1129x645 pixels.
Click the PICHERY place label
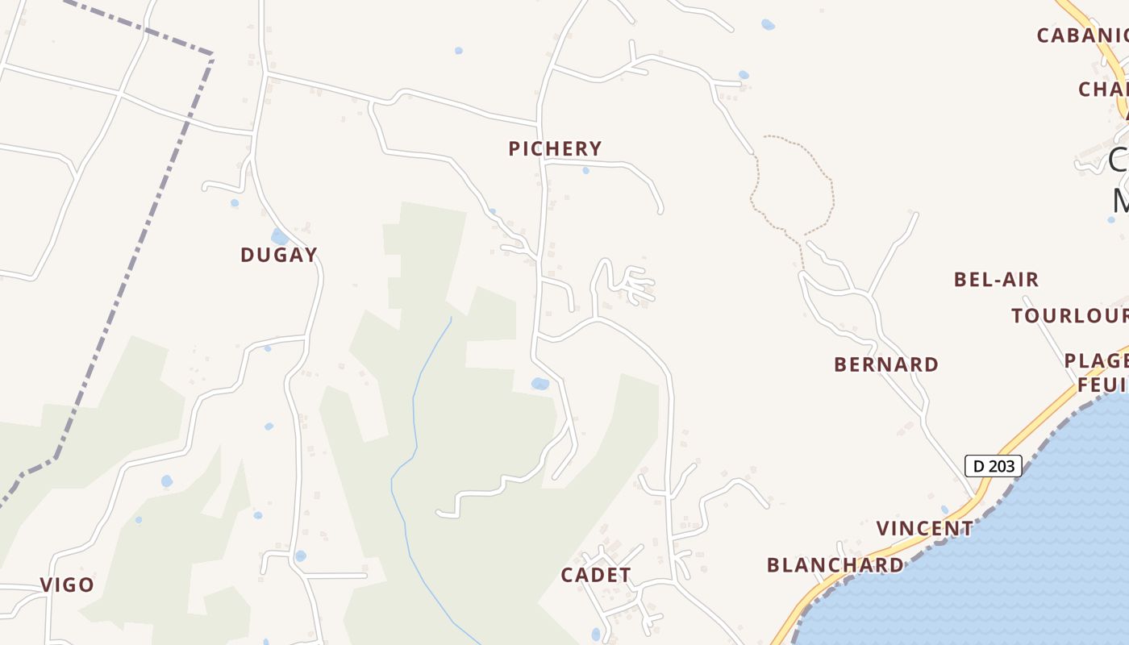(x=555, y=148)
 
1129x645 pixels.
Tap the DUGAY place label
(x=278, y=255)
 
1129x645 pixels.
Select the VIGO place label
(x=68, y=585)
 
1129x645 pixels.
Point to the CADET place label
(x=596, y=575)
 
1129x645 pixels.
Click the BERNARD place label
(x=886, y=364)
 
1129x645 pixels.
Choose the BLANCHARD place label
(x=835, y=565)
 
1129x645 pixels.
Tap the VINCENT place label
(x=925, y=529)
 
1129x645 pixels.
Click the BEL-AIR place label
(x=996, y=280)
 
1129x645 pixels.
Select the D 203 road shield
(x=993, y=465)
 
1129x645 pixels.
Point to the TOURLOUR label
(x=1070, y=315)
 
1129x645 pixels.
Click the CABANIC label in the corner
(x=1081, y=35)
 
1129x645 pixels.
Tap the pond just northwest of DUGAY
(x=279, y=236)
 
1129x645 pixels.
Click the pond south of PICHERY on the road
(x=540, y=384)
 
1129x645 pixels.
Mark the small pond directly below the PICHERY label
(x=585, y=170)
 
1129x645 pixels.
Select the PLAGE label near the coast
(x=1096, y=360)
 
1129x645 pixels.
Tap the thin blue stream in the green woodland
(x=415, y=403)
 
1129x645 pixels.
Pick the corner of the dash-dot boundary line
(x=211, y=56)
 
